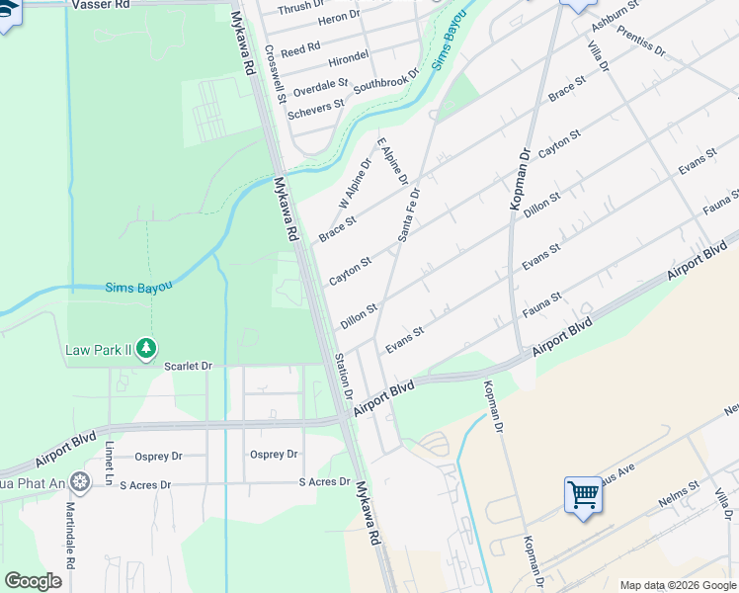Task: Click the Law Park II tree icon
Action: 146,347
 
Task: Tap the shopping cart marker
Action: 583,494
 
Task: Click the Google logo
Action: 34,580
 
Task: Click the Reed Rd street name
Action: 300,46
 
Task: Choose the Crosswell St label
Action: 275,75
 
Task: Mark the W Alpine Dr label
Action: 355,183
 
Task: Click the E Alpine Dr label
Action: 392,160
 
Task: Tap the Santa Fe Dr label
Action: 409,214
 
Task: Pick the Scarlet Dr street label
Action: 188,366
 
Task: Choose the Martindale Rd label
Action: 70,532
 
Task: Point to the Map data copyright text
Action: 678,584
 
